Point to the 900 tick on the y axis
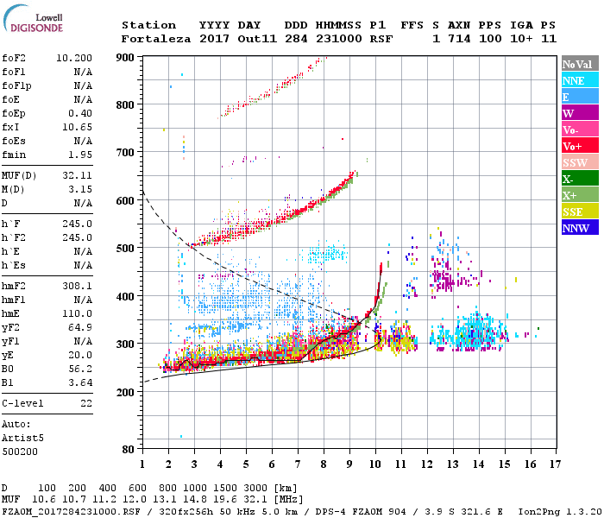126,57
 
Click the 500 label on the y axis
126,249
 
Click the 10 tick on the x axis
375,464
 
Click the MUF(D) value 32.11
78,175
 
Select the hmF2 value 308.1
78,285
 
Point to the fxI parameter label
11,126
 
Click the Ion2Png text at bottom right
540,511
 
